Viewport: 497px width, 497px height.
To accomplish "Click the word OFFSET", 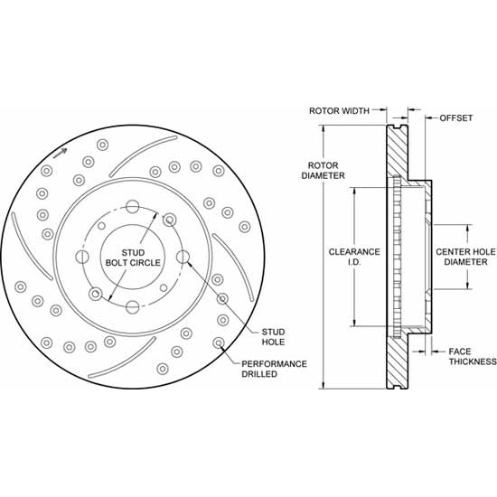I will (x=456, y=117).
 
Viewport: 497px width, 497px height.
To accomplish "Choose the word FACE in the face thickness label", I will (x=460, y=350).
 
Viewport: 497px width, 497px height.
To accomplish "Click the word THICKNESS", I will (x=472, y=361).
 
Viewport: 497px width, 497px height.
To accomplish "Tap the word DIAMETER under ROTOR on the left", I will (x=324, y=175).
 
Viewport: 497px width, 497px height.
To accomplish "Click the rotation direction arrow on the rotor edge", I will (x=60, y=154).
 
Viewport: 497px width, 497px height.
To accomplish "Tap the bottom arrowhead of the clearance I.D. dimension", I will (x=355, y=323).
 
